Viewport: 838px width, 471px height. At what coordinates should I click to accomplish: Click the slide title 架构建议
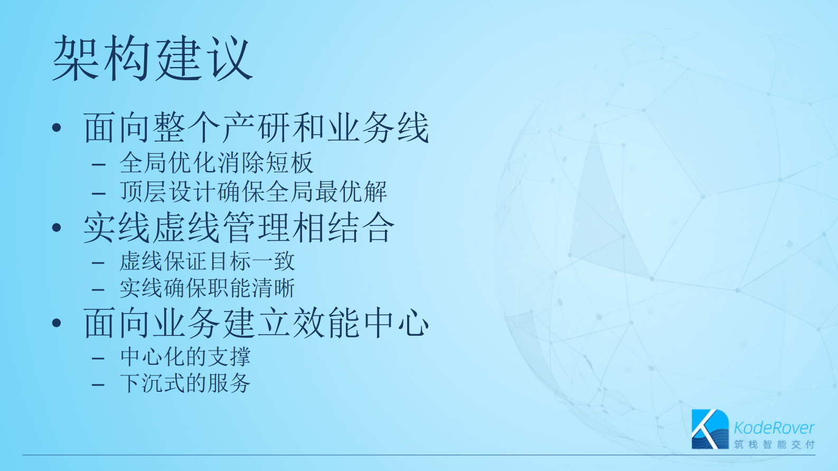pos(152,59)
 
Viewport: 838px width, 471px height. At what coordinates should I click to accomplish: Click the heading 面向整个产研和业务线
pos(256,128)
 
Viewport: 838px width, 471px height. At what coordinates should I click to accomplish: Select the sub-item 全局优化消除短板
pos(216,163)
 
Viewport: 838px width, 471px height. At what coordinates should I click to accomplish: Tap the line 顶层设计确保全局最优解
pos(253,192)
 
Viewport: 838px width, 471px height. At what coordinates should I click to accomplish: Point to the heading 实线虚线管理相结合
pos(239,228)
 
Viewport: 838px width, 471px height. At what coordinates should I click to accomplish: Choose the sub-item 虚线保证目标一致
pos(207,261)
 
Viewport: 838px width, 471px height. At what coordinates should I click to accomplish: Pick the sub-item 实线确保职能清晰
pos(207,288)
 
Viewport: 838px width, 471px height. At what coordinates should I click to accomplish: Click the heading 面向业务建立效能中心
pos(256,323)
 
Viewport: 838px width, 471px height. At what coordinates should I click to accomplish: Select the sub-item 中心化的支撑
pos(185,357)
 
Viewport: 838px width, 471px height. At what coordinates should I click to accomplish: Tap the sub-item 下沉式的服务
pos(185,383)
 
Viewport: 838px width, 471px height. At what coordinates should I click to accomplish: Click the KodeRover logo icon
pos(710,429)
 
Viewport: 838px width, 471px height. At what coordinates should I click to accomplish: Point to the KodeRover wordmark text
pos(774,427)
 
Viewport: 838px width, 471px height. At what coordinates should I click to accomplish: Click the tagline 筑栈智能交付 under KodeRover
pos(774,445)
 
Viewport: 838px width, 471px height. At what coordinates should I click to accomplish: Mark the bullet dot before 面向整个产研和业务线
pos(57,128)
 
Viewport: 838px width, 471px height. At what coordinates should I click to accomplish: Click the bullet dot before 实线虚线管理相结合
pos(57,228)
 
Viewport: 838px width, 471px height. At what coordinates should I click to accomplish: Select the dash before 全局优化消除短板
pos(98,165)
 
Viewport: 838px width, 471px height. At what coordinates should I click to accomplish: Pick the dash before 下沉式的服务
pos(98,385)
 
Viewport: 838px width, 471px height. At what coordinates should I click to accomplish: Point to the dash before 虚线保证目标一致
pos(98,262)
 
